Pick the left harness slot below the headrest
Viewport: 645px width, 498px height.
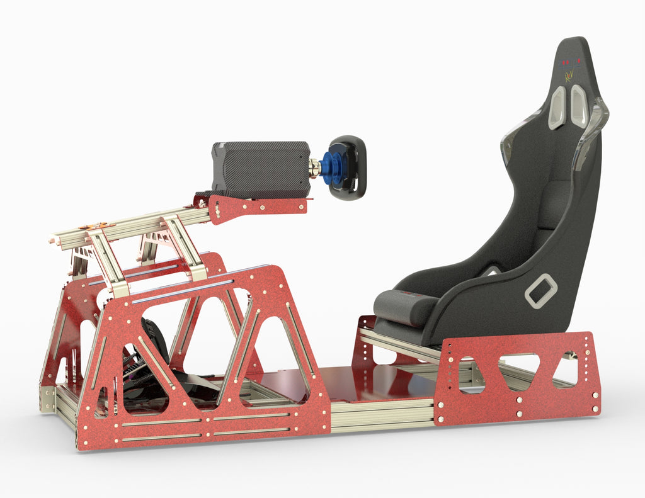pyautogui.click(x=557, y=107)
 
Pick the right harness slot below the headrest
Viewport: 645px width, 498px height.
pyautogui.click(x=579, y=105)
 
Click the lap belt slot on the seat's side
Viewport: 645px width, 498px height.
pyautogui.click(x=541, y=291)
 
